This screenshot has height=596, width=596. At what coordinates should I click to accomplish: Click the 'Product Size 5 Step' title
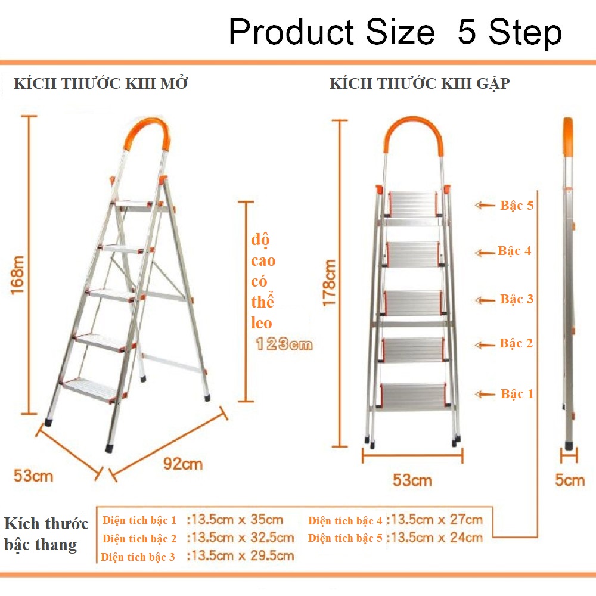pyautogui.click(x=395, y=32)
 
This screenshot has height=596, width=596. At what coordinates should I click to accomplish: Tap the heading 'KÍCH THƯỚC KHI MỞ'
pyautogui.click(x=101, y=83)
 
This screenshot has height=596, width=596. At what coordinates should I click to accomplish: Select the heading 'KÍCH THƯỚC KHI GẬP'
pyautogui.click(x=420, y=83)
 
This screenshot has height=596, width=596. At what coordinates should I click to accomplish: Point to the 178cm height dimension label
pyautogui.click(x=329, y=283)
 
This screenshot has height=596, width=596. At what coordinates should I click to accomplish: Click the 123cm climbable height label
pyautogui.click(x=284, y=344)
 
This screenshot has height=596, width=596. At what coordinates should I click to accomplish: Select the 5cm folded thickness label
pyautogui.click(x=570, y=480)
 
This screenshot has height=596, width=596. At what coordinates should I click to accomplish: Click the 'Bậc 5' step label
pyautogui.click(x=517, y=206)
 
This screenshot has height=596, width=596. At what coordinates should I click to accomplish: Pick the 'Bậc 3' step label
pyautogui.click(x=517, y=299)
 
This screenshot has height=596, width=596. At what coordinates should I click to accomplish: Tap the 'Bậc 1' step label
pyautogui.click(x=517, y=394)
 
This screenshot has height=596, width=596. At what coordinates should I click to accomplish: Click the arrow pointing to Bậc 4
pyautogui.click(x=485, y=253)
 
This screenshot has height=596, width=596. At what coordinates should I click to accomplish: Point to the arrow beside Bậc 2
pyautogui.click(x=485, y=345)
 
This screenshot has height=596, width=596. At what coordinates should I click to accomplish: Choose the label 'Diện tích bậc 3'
pyautogui.click(x=138, y=557)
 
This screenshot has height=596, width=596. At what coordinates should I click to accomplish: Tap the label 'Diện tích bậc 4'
pyautogui.click(x=345, y=520)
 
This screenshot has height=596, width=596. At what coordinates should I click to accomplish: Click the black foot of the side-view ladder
pyautogui.click(x=569, y=445)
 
